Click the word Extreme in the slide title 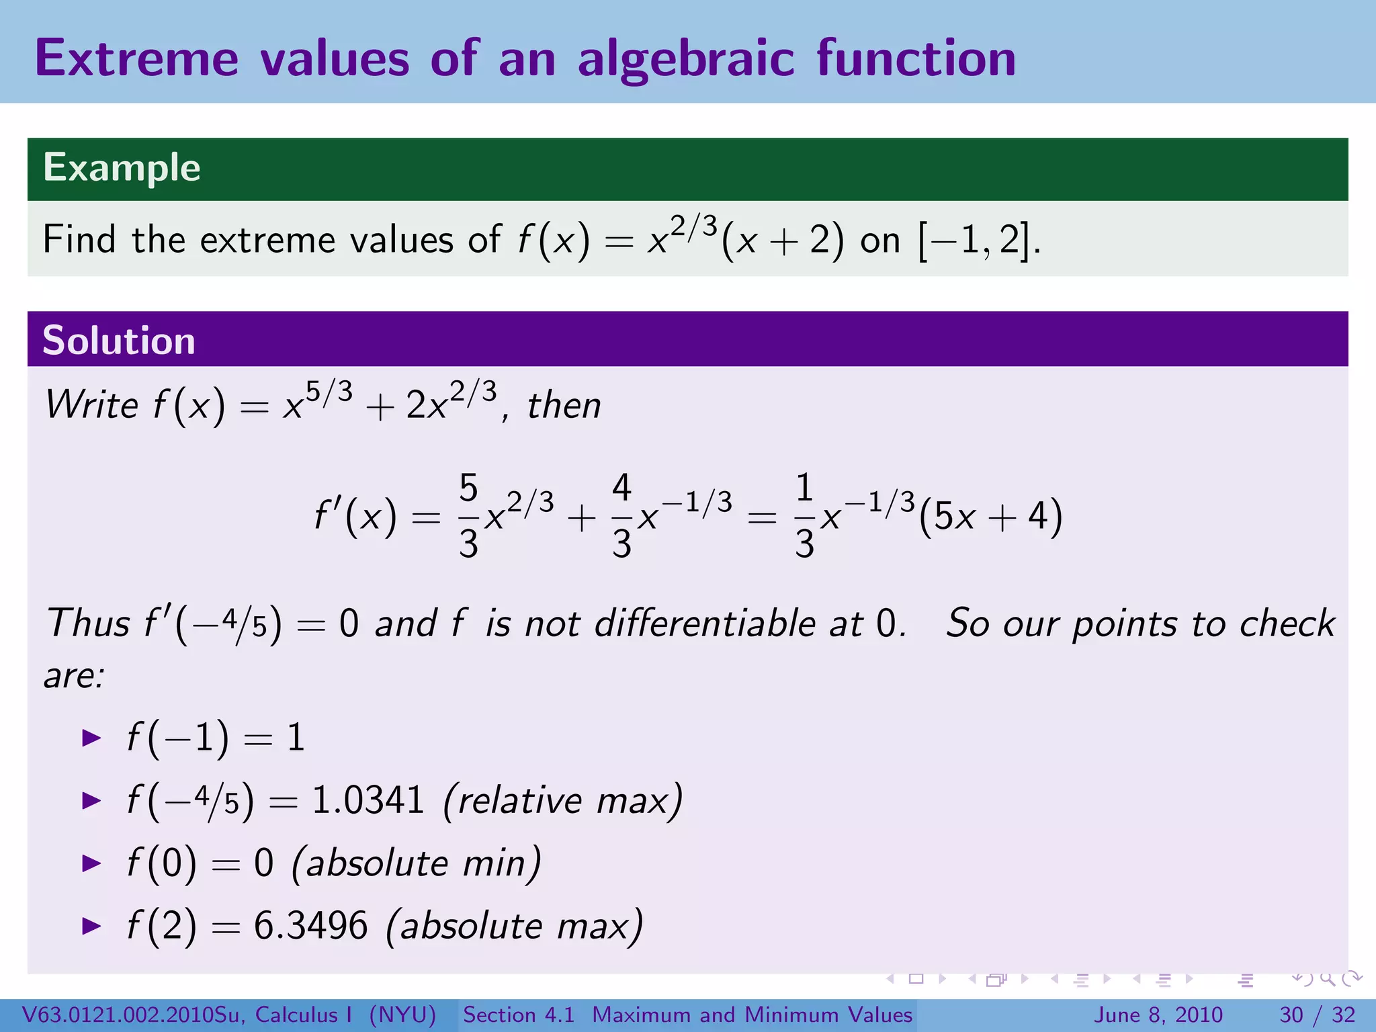[x=136, y=58]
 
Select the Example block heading [x=122, y=167]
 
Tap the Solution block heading [x=118, y=340]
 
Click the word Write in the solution [x=91, y=405]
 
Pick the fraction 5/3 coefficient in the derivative [x=468, y=516]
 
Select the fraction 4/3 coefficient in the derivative [x=621, y=516]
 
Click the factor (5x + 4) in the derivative [x=990, y=516]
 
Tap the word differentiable [x=705, y=623]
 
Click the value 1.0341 [x=368, y=800]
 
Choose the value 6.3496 [x=310, y=925]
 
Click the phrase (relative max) [x=563, y=800]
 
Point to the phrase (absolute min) [x=416, y=863]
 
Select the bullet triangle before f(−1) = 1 [x=91, y=738]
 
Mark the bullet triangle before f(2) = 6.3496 [x=91, y=926]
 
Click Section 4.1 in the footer [x=519, y=1015]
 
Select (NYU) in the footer [x=402, y=1015]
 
